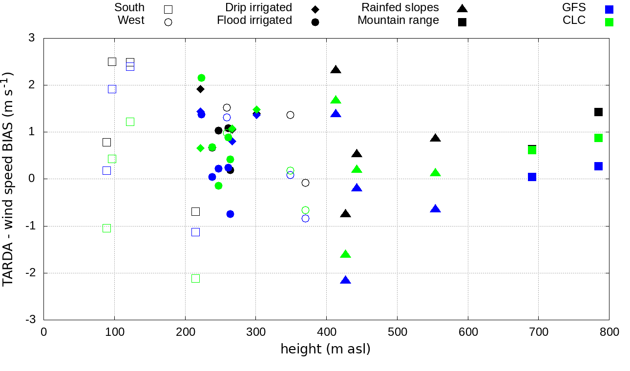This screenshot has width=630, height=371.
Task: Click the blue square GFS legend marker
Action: (609, 9)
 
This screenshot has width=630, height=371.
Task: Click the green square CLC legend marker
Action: (609, 22)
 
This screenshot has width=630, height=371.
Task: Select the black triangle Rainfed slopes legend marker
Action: (462, 8)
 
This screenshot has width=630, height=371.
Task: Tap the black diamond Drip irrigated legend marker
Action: (315, 9)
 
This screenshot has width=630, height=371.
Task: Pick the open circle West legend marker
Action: (168, 22)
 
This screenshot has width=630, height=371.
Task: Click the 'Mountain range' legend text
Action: (398, 21)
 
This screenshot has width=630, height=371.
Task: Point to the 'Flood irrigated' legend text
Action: (254, 21)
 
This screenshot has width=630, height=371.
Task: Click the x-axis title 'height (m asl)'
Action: (325, 350)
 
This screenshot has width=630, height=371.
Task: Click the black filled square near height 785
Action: (598, 112)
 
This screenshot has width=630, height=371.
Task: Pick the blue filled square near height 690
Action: (532, 177)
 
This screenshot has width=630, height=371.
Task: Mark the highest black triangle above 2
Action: (336, 70)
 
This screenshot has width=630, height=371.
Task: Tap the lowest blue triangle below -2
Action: (346, 280)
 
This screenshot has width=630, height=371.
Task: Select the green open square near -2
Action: (196, 278)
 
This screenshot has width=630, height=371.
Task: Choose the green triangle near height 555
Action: (436, 173)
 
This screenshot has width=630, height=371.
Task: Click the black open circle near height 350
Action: (290, 115)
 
